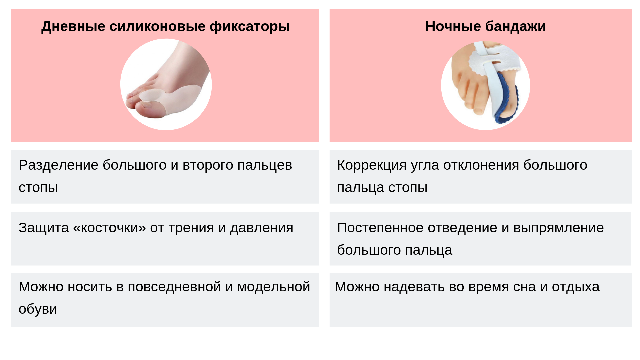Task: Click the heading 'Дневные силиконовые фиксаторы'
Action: [166, 27]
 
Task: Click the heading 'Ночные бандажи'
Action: [486, 27]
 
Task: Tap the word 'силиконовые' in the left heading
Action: [158, 26]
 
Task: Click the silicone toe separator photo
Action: [166, 84]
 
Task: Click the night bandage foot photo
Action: [486, 85]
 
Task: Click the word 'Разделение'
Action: [59, 165]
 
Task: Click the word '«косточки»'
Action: [109, 228]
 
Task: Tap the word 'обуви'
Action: [38, 309]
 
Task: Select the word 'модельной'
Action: [274, 287]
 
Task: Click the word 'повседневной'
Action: [174, 287]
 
